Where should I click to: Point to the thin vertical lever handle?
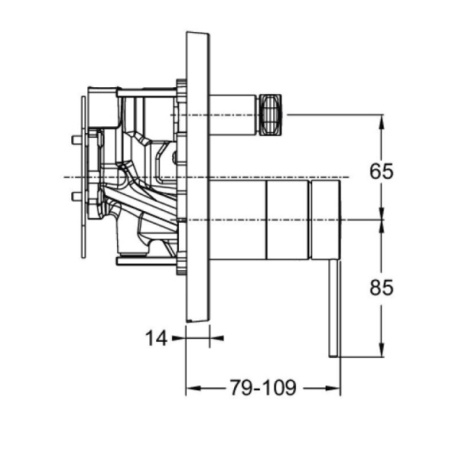click(x=334, y=306)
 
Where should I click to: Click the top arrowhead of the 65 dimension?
click(x=380, y=120)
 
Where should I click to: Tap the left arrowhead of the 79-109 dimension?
click(x=191, y=389)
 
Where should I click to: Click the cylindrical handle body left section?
click(x=237, y=220)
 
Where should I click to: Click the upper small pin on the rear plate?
click(x=74, y=140)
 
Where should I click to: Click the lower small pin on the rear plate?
click(x=74, y=197)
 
